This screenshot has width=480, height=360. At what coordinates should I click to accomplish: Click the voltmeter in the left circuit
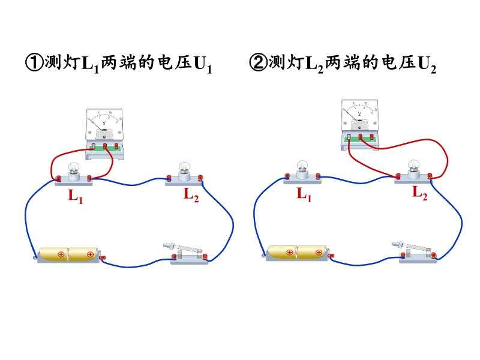(104, 132)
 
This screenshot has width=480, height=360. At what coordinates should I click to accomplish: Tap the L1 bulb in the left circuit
(74, 172)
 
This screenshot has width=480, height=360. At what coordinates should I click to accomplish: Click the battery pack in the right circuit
(296, 252)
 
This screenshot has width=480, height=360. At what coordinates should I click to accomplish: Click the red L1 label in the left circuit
(75, 196)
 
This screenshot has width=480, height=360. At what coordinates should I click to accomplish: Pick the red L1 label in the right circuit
(304, 194)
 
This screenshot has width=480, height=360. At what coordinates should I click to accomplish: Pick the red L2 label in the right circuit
(419, 193)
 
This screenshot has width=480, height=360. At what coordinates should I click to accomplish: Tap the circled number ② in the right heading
(259, 63)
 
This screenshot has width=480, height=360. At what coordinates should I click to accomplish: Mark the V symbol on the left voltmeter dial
(104, 123)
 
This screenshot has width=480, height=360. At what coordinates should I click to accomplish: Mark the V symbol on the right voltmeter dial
(359, 113)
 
